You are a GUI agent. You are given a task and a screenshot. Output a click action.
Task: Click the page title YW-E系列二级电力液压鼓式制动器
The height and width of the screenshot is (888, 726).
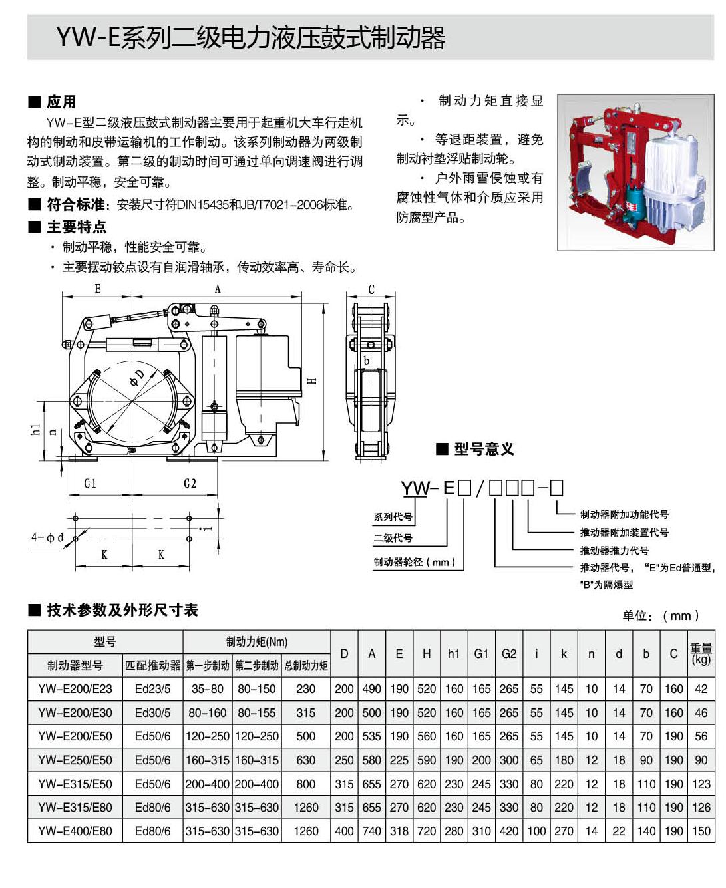250,37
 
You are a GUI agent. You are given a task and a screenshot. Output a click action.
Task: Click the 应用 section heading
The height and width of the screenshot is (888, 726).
61,102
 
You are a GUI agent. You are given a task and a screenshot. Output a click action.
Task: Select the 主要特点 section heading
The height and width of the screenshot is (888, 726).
76,227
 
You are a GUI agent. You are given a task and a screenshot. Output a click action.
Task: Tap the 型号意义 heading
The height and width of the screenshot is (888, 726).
484,449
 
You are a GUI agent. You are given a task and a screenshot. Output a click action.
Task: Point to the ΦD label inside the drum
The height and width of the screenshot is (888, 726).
136,377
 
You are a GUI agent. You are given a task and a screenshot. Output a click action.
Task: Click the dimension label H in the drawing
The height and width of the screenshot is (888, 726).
311,380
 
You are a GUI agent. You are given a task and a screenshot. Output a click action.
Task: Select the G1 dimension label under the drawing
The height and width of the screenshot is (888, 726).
91,483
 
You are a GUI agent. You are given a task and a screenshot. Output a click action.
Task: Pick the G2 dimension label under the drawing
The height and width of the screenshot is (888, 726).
190,483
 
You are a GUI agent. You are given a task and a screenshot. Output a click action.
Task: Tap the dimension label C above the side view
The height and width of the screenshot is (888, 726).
371,289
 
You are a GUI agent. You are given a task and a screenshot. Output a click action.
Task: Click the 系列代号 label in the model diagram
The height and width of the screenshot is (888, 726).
393,517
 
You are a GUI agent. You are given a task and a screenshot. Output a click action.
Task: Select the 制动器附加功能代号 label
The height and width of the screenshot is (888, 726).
624,514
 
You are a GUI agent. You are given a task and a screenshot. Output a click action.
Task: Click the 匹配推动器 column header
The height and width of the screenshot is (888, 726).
152,665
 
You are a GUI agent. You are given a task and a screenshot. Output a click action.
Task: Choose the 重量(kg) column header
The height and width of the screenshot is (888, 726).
701,653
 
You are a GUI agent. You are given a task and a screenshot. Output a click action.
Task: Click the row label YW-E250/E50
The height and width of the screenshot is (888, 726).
75,760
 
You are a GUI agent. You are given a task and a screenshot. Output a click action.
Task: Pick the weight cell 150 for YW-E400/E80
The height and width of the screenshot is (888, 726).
701,831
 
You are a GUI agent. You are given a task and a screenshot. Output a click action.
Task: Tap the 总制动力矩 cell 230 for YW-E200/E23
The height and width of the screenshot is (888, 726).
305,689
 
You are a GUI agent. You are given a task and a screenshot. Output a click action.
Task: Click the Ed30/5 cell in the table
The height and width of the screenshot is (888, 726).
152,712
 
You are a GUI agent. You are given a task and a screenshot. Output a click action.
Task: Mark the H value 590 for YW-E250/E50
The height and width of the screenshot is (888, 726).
426,760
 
